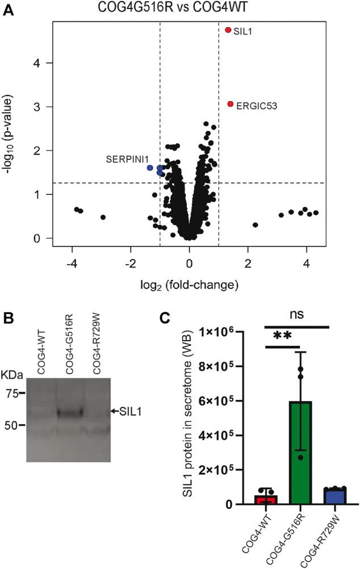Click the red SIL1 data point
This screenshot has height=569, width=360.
point(228,30)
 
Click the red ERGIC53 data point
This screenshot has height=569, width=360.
point(231,104)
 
